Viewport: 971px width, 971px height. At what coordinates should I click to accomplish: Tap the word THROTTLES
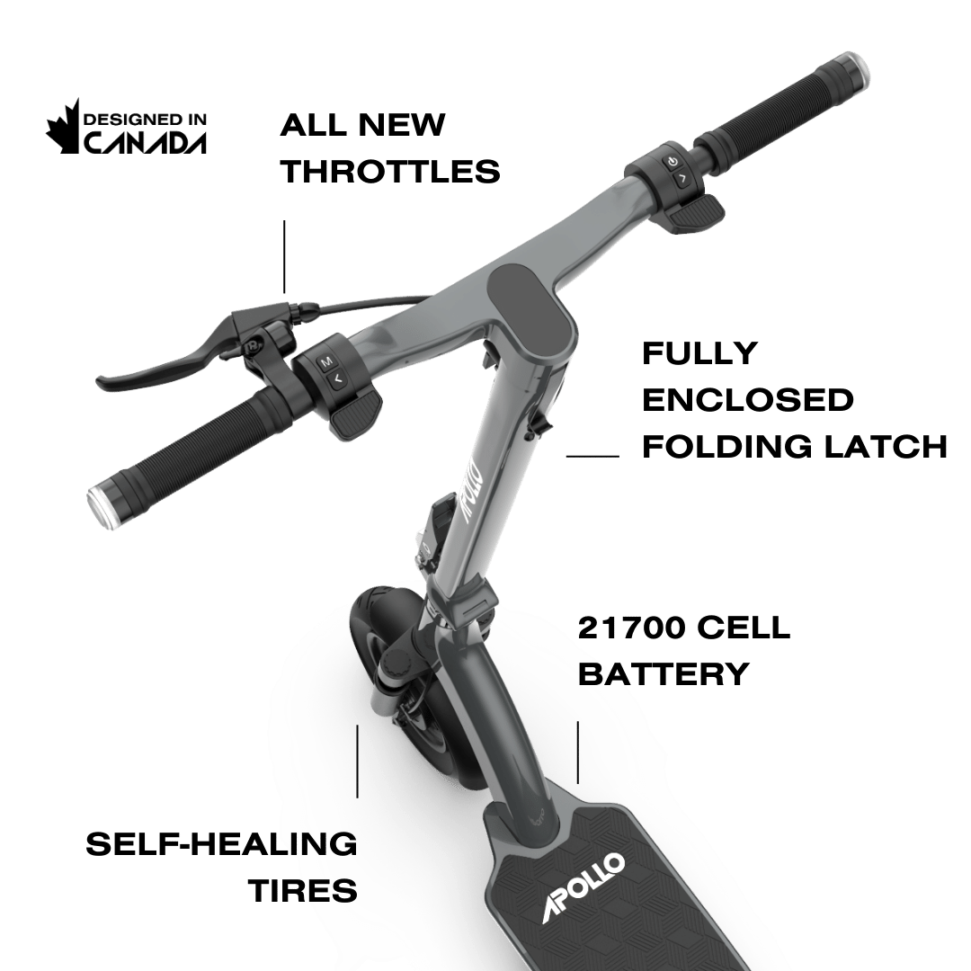[389, 171]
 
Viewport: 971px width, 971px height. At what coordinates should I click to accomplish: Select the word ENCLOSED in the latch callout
[748, 400]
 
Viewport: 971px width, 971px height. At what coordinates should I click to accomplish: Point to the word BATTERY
[663, 673]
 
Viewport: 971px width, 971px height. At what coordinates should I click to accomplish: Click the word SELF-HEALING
[221, 844]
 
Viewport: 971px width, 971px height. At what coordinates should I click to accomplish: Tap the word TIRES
[303, 891]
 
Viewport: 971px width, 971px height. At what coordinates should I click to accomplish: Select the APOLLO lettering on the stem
[474, 491]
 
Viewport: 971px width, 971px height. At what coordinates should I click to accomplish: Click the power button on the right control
[672, 162]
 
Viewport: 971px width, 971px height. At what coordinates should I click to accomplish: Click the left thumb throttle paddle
[353, 417]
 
